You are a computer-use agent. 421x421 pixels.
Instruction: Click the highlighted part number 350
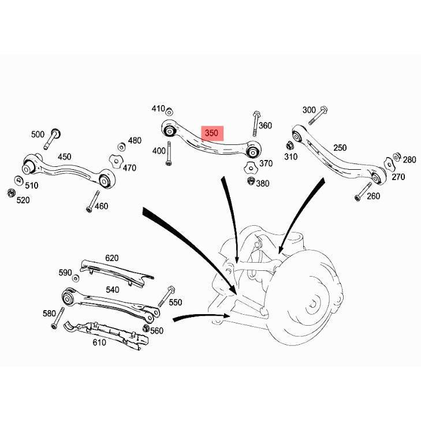(x=212, y=133)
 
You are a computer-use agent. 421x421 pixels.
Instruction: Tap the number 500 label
(x=38, y=135)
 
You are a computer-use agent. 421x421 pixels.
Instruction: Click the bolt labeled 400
(x=169, y=154)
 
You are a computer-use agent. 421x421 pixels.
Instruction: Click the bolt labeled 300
(x=318, y=115)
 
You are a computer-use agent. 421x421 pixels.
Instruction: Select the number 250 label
(x=340, y=148)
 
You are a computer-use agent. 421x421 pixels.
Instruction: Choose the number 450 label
(x=64, y=157)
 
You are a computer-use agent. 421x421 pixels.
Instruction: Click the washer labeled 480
(x=121, y=146)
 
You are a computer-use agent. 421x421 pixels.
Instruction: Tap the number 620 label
(x=111, y=258)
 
